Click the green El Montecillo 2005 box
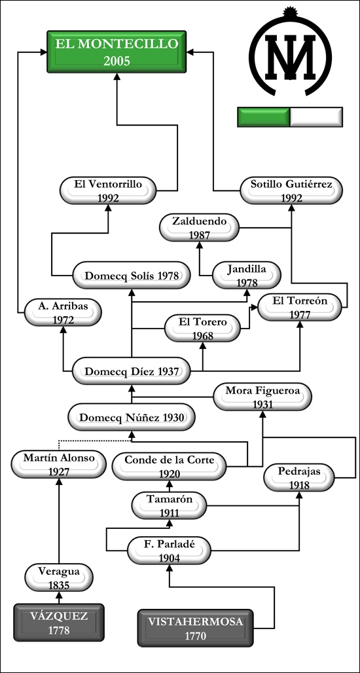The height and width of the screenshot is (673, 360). [x=117, y=52]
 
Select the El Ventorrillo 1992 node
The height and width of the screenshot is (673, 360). [x=108, y=190]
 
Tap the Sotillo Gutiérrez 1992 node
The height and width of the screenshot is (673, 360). [x=291, y=190]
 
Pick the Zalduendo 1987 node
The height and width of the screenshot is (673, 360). [x=199, y=227]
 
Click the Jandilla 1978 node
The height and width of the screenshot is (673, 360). [x=247, y=275]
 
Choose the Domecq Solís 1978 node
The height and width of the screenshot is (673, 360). [x=132, y=275]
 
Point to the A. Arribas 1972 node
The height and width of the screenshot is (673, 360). [x=63, y=312]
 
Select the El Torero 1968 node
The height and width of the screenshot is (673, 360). [x=203, y=329]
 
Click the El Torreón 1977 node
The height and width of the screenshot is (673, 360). [x=300, y=307]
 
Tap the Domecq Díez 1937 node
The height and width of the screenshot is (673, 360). [x=132, y=371]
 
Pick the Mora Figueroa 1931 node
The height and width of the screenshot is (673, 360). [x=262, y=397]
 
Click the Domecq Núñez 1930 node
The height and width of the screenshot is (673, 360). [x=132, y=417]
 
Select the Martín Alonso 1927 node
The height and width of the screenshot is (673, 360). [x=59, y=464]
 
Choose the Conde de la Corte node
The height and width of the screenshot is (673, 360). [x=169, y=466]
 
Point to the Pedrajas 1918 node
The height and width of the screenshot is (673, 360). [x=299, y=478]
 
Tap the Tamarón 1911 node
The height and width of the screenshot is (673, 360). [x=169, y=505]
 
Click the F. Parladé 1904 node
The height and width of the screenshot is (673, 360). [x=169, y=551]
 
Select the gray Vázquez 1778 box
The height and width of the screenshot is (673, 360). [x=59, y=623]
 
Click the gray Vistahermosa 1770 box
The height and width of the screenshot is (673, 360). [x=196, y=628]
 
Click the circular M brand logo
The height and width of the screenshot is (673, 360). [x=290, y=51]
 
